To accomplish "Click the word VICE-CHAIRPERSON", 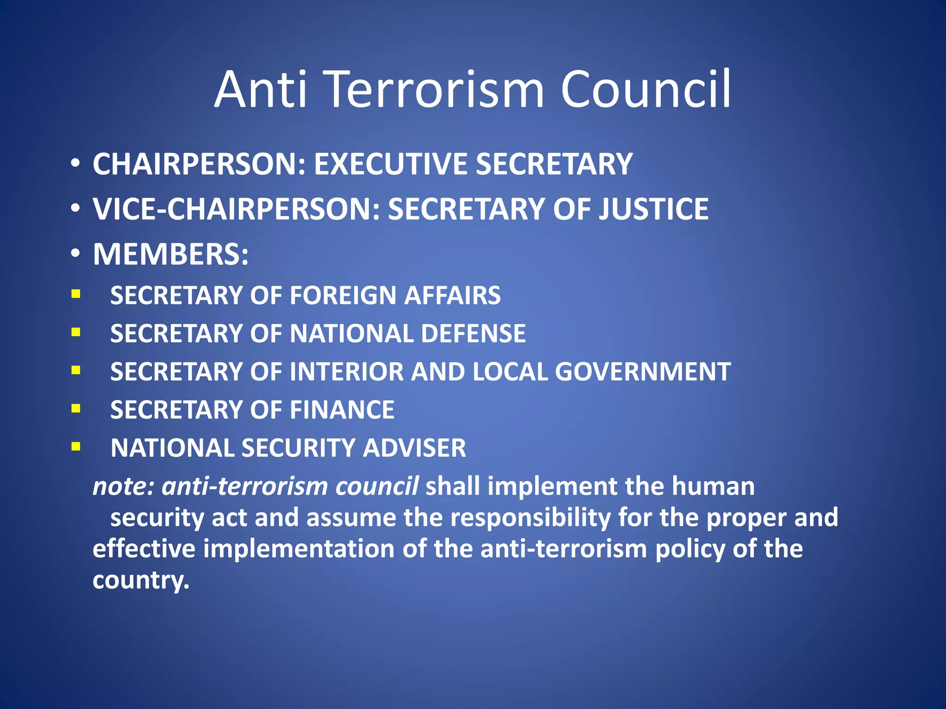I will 236,209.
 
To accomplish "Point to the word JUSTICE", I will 654,209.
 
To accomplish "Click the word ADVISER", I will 414,448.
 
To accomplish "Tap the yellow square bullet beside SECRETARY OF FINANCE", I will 76,408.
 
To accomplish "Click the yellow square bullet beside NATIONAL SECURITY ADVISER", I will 76,446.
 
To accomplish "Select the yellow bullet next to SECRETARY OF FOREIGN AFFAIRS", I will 76,294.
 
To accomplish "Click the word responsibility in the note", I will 531,517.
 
